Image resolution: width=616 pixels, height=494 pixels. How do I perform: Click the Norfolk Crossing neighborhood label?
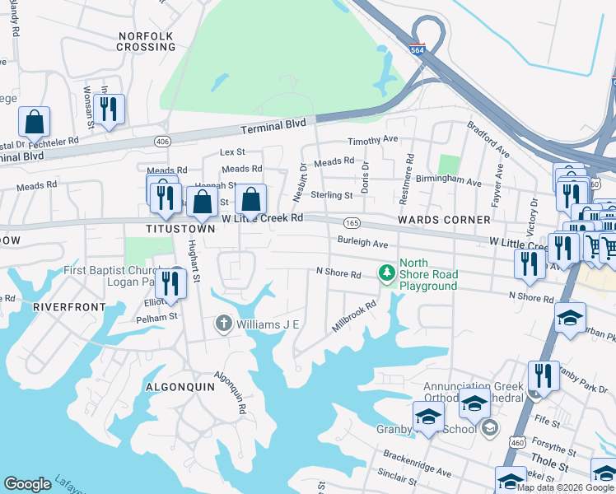pos(147,41)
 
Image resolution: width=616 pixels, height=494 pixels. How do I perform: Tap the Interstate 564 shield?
pos(418,50)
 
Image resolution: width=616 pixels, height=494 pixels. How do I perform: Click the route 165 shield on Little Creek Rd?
pos(352,223)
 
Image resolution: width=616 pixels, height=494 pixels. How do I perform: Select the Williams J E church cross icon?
pos(223,324)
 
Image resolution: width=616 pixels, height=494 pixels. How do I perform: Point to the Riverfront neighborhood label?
pos(69,307)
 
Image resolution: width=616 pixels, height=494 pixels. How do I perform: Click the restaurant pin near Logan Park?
pos(170,283)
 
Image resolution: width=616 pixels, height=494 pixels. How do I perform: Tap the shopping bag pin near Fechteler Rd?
pos(35,122)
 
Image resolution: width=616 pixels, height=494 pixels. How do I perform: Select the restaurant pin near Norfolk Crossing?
pos(109,109)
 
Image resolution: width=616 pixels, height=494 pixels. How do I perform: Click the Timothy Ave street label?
pos(372,141)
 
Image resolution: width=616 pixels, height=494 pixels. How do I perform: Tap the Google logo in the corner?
pos(27,484)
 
